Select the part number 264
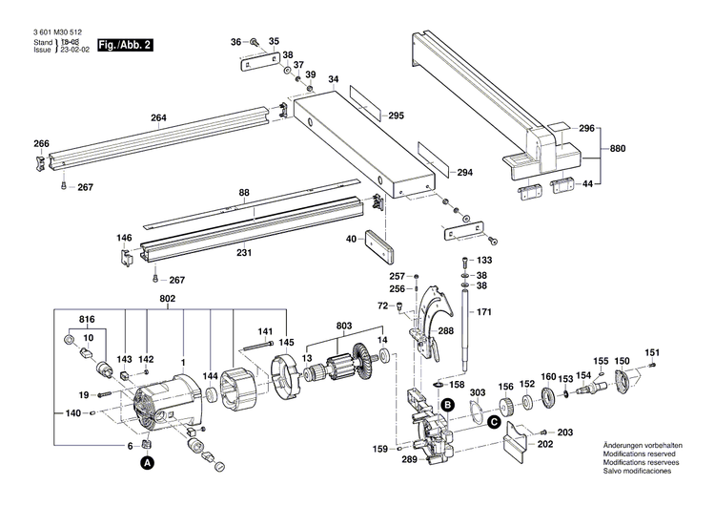(x=158, y=118)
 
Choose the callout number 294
(x=464, y=173)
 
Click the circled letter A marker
(x=147, y=463)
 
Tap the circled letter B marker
(x=444, y=405)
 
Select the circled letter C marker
(x=494, y=421)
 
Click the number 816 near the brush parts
(x=87, y=318)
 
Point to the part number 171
(x=484, y=312)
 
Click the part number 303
(x=477, y=392)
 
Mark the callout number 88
(x=244, y=193)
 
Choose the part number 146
(x=125, y=238)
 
